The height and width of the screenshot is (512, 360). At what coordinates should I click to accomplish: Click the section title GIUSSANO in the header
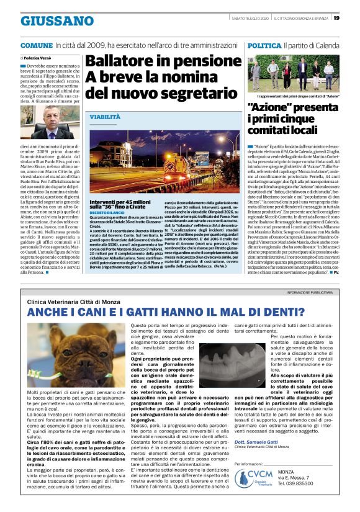tap(48, 21)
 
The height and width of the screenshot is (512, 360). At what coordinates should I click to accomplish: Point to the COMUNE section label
tap(36, 46)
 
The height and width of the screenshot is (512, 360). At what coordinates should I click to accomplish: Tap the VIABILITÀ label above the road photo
tap(105, 117)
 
